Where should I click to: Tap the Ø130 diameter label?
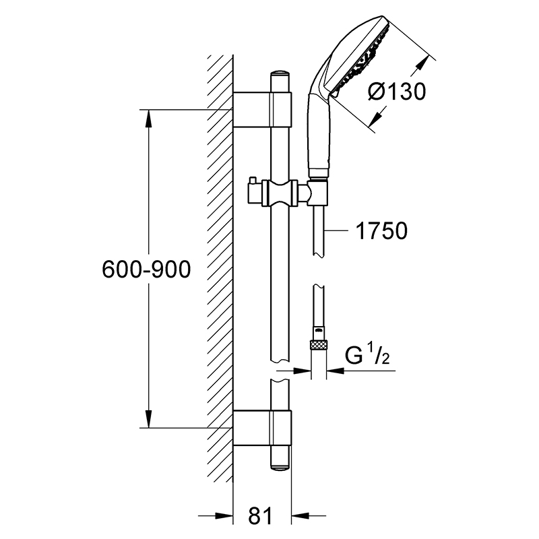click(397, 92)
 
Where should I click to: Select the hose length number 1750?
click(381, 230)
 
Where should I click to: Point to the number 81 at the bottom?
click(260, 515)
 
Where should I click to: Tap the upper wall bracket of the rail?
click(262, 110)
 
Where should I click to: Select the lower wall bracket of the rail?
click(262, 428)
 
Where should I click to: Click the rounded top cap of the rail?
click(280, 76)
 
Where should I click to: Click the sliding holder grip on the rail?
click(280, 193)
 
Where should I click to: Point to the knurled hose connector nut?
click(319, 344)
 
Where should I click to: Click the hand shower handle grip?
click(319, 134)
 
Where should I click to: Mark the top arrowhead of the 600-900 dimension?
click(148, 120)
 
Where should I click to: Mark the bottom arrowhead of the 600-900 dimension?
click(148, 418)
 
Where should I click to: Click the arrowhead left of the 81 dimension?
click(224, 515)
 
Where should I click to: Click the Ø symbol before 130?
click(377, 92)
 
